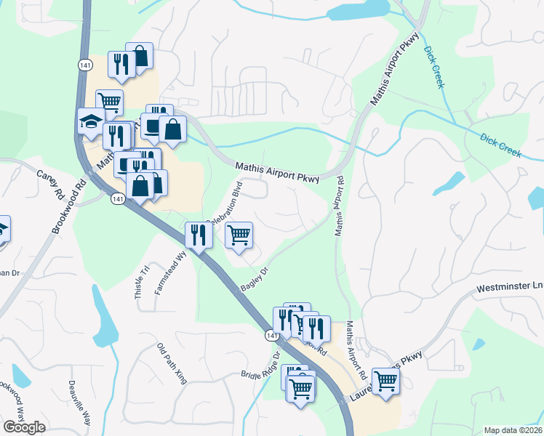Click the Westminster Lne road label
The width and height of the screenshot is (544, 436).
tap(508, 288)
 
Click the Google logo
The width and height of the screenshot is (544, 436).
tap(24, 427)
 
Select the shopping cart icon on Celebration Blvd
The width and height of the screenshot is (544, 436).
tap(239, 235)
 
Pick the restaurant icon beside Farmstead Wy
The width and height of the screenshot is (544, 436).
tap(198, 234)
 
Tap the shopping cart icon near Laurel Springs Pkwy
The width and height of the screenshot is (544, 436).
tap(385, 380)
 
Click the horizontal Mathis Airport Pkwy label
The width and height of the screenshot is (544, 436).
tap(277, 174)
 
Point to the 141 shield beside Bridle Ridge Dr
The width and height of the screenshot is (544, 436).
tap(272, 336)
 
